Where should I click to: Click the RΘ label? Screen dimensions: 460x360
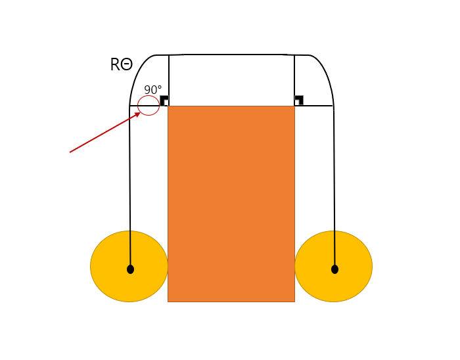click(x=121, y=65)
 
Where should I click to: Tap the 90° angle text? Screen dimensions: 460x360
click(x=152, y=90)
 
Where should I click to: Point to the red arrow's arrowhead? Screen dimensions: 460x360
click(x=137, y=114)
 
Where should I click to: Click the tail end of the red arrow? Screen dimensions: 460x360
click(x=71, y=152)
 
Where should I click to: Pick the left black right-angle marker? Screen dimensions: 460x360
click(x=164, y=100)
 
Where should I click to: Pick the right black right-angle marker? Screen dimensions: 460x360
click(x=299, y=100)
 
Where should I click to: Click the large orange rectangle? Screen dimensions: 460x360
click(x=231, y=204)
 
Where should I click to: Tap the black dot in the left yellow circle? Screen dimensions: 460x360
click(x=130, y=269)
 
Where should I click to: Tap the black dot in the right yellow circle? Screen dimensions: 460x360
click(x=334, y=269)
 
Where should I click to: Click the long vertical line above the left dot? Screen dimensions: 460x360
click(x=130, y=184)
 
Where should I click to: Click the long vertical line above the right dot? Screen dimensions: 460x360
click(x=334, y=184)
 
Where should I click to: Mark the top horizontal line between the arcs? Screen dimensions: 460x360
click(x=231, y=55)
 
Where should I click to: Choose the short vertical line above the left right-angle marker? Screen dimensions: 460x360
click(x=169, y=76)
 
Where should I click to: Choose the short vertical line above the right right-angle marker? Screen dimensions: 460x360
click(x=294, y=76)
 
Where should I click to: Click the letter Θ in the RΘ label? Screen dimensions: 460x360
click(x=126, y=65)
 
